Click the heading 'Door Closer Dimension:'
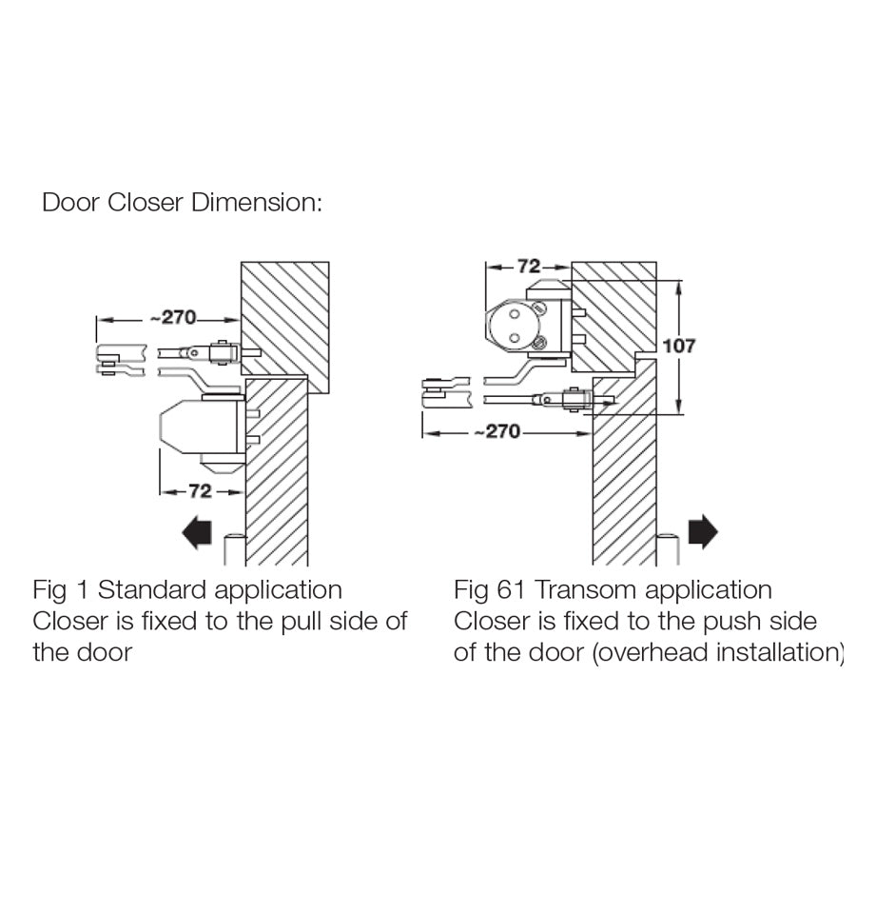point(182,203)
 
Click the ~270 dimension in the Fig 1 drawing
point(171,318)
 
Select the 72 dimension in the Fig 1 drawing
point(200,491)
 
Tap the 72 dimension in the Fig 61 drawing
point(529,266)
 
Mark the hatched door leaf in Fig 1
point(277,476)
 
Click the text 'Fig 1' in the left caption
point(62,590)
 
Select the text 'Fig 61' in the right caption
point(489,590)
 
